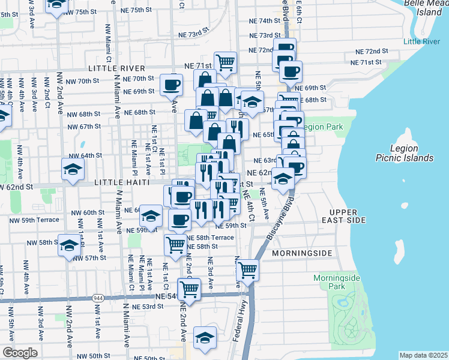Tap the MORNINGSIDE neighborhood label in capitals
(301, 253)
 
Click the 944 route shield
(98, 298)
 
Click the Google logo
(20, 353)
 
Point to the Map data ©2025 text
(423, 355)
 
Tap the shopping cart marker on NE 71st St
(225, 61)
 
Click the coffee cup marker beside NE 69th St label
(172, 84)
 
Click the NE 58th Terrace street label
(210, 238)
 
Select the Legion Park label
(322, 127)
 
